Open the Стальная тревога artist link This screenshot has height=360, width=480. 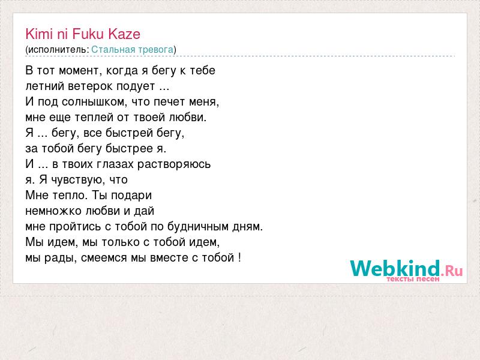(x=132, y=50)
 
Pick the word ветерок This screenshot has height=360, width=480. (x=91, y=86)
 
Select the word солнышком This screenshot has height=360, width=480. (x=94, y=102)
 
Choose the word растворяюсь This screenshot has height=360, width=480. (x=174, y=164)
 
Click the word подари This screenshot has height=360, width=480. (x=131, y=196)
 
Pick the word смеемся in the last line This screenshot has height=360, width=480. (x=104, y=258)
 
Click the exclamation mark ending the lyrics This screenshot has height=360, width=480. (x=239, y=257)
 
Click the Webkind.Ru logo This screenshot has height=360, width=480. (x=406, y=269)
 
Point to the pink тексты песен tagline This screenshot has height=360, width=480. (x=413, y=279)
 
